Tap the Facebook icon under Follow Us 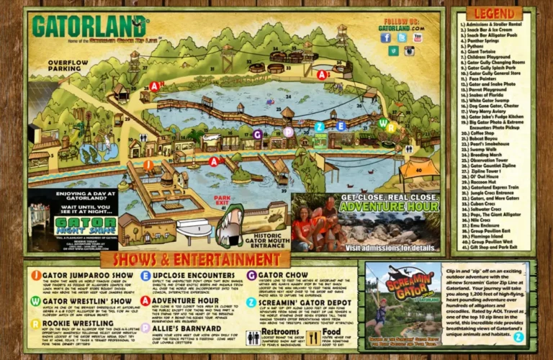pos(385,37)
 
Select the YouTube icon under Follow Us pos(418,37)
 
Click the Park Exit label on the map pos(222,199)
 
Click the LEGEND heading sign pos(493,14)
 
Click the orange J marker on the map pos(148,165)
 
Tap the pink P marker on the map pos(288,132)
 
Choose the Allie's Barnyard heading pos(181,326)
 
